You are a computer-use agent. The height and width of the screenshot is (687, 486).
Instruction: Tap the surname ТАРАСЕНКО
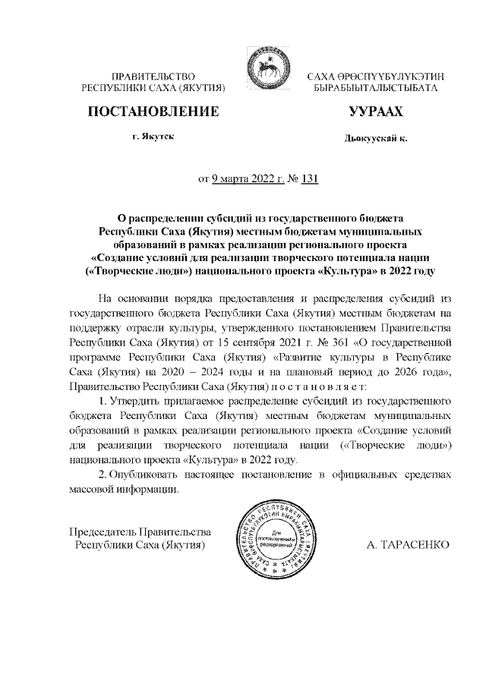[x=408, y=544]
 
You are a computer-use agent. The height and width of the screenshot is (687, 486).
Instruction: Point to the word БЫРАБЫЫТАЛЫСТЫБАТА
[x=375, y=89]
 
